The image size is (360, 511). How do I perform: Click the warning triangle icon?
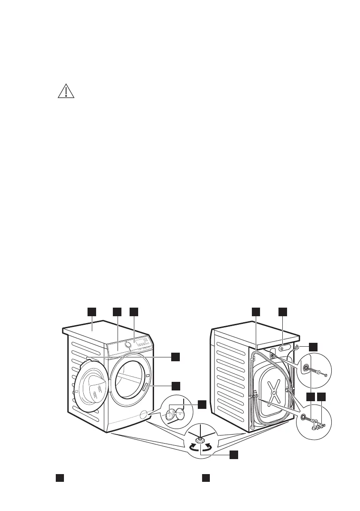pyautogui.click(x=66, y=91)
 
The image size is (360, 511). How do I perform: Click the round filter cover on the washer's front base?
pyautogui.click(x=142, y=414)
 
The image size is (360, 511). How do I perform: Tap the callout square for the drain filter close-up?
pyautogui.click(x=201, y=404)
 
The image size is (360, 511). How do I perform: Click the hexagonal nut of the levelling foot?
pyautogui.click(x=200, y=440)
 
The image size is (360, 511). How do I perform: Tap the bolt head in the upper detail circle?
pyautogui.click(x=326, y=375)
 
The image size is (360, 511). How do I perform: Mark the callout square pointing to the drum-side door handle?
pyautogui.click(x=175, y=385)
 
